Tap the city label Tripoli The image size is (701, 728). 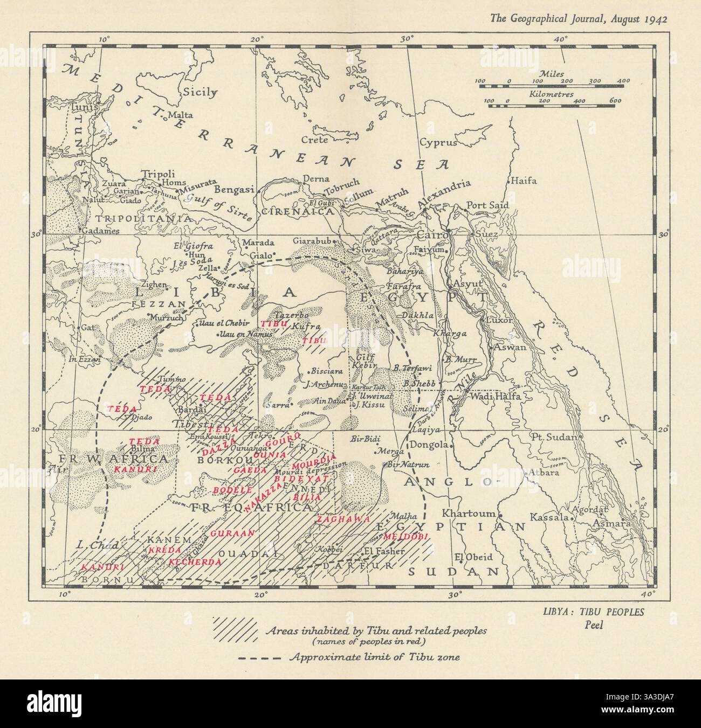[x=158, y=174]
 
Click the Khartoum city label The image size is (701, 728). [x=469, y=512]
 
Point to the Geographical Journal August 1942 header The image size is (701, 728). [x=578, y=19]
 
